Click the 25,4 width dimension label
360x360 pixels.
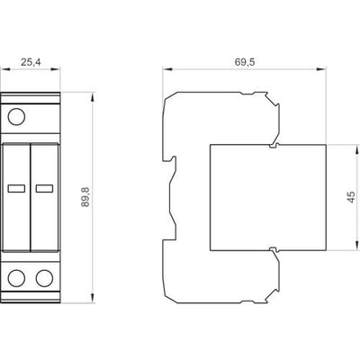pos(31,62)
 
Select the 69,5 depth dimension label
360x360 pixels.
pos(245,62)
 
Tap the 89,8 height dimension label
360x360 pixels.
pos(85,197)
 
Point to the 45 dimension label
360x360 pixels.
pos(351,197)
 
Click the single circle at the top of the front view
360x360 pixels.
pos(16,117)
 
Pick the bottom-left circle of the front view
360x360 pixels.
pos(16,278)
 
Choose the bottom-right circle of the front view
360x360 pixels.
pos(44,278)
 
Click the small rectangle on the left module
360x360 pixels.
pos(16,188)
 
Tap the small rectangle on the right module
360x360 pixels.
pos(44,188)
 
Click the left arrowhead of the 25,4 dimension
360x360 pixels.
pos(5,69)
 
